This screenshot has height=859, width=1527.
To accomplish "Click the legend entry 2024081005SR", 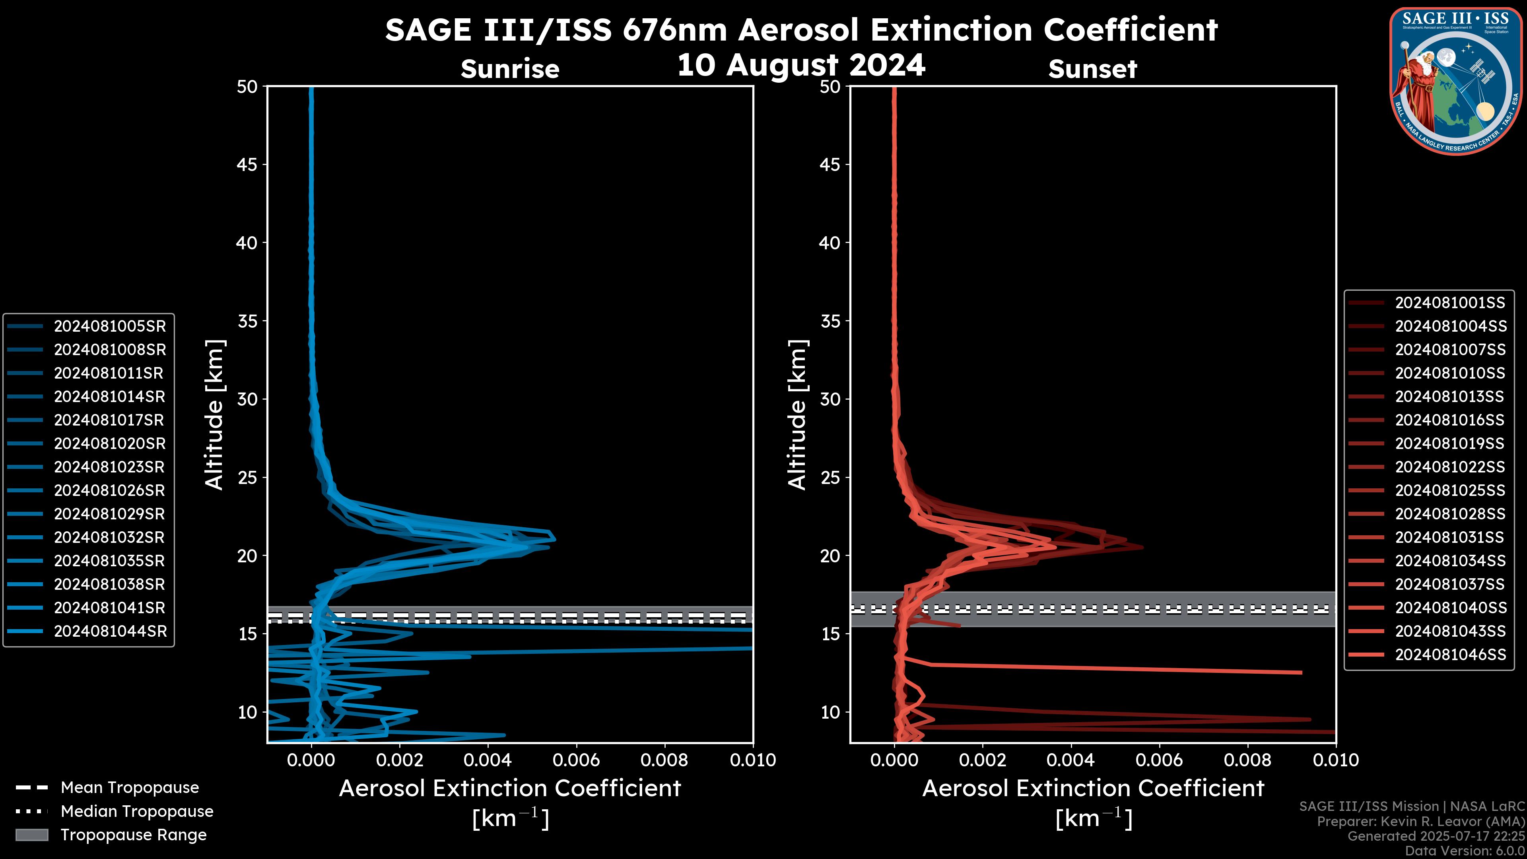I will pyautogui.click(x=110, y=326).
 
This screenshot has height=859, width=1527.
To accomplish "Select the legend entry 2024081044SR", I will pyautogui.click(x=110, y=632).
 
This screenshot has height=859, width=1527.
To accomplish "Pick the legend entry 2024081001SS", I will pyautogui.click(x=1449, y=303).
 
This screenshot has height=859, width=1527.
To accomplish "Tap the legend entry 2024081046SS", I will pyautogui.click(x=1449, y=655).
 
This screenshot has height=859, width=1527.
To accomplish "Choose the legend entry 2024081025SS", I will pyautogui.click(x=1449, y=490).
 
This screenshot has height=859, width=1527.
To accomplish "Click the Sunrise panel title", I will pyautogui.click(x=510, y=69).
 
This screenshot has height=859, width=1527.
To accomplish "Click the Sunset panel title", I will pyautogui.click(x=1092, y=69).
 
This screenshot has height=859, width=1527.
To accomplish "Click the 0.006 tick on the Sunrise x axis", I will pyautogui.click(x=576, y=760).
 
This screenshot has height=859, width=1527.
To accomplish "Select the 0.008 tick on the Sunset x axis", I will pyautogui.click(x=1248, y=760).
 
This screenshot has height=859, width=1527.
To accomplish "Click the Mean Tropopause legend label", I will pyautogui.click(x=130, y=787).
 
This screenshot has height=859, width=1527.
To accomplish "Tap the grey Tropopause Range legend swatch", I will pyautogui.click(x=31, y=835).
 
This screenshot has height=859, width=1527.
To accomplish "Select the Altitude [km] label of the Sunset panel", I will pyautogui.click(x=797, y=414).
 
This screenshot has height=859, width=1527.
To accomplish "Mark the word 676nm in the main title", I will pyautogui.click(x=674, y=30).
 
